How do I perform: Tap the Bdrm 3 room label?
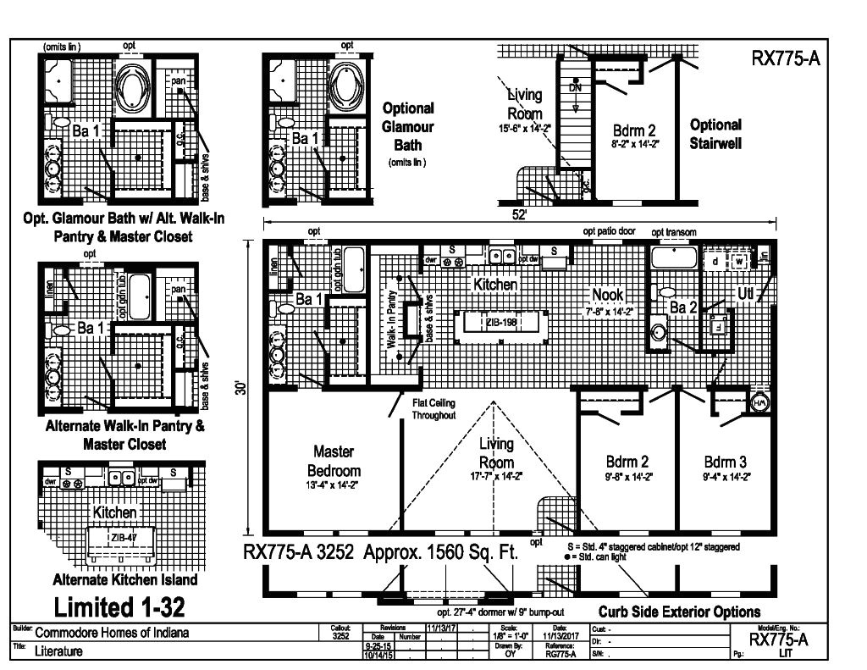tap(726, 462)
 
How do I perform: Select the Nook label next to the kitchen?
tap(608, 294)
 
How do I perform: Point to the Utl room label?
tap(745, 293)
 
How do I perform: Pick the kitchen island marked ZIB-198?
tap(500, 323)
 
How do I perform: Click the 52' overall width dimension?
tap(519, 215)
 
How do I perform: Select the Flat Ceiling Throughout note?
tap(433, 409)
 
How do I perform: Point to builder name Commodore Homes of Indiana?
tap(112, 633)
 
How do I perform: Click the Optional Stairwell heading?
tap(715, 134)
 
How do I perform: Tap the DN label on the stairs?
tap(575, 88)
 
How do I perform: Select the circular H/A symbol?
tap(759, 403)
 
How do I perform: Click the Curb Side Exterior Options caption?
tap(679, 612)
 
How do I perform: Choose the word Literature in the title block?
tap(58, 651)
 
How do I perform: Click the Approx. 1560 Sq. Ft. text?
tap(440, 553)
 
